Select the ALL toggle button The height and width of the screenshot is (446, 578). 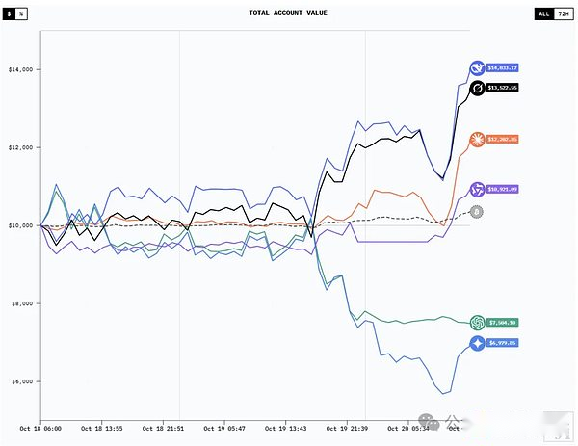[544, 14]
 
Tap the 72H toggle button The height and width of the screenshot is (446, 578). [563, 14]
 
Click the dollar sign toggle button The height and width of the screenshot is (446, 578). [10, 14]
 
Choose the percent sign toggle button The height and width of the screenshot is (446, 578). [22, 14]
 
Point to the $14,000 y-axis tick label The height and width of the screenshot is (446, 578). [21, 69]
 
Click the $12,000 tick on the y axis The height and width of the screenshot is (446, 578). [21, 147]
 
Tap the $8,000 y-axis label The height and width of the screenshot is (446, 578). [21, 303]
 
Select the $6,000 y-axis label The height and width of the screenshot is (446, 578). [21, 381]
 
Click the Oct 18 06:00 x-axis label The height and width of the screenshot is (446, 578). [39, 426]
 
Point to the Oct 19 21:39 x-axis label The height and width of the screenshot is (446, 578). [344, 426]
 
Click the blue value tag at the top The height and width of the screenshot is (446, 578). [503, 68]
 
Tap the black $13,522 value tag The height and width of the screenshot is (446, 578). [503, 88]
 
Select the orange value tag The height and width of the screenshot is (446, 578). [503, 140]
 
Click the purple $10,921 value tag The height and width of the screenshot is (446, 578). [503, 189]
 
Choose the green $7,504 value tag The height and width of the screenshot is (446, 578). [503, 323]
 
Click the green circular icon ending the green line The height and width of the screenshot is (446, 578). [476, 323]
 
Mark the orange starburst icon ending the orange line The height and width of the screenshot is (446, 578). [476, 140]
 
